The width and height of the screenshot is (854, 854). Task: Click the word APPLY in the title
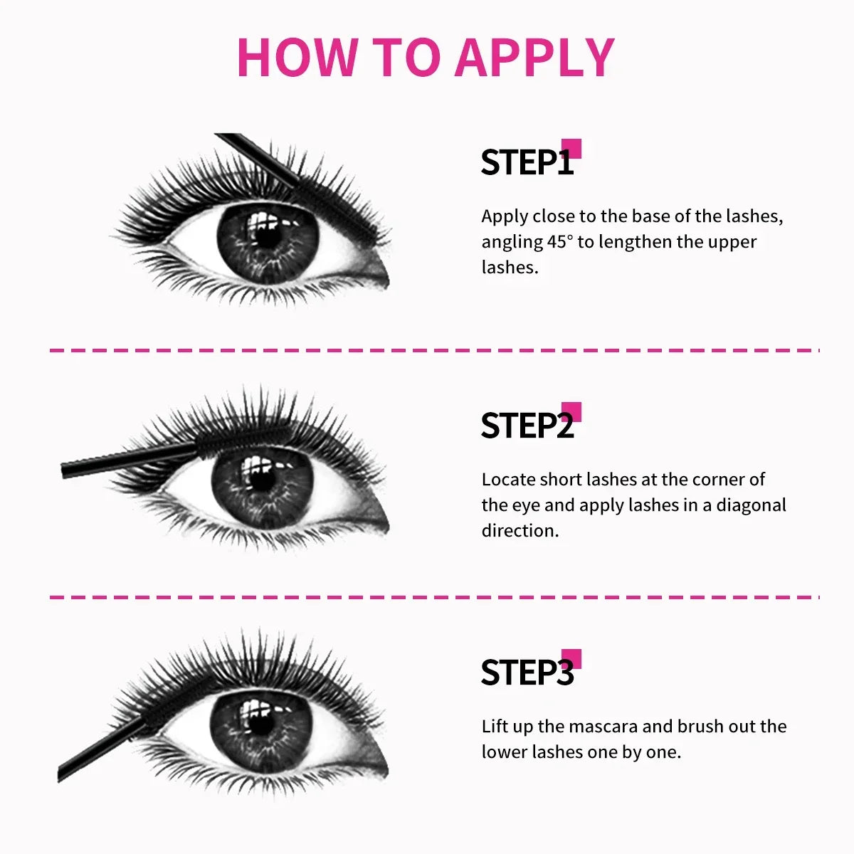pos(534,57)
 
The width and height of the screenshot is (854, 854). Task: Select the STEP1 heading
pos(527,163)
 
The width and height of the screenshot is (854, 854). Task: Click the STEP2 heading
pos(527,426)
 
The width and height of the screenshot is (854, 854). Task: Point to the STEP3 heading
pos(527,673)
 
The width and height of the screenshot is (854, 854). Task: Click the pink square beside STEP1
pos(571,149)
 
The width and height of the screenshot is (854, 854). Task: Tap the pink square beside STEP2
pos(571,412)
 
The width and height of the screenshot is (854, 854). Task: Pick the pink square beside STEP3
pos(571,659)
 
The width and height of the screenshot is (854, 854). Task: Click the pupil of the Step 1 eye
pos(267,237)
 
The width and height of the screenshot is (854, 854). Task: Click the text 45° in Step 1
pos(559,242)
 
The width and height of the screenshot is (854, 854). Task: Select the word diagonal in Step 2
pos(751,505)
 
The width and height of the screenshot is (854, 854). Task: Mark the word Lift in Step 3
pos(495,727)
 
